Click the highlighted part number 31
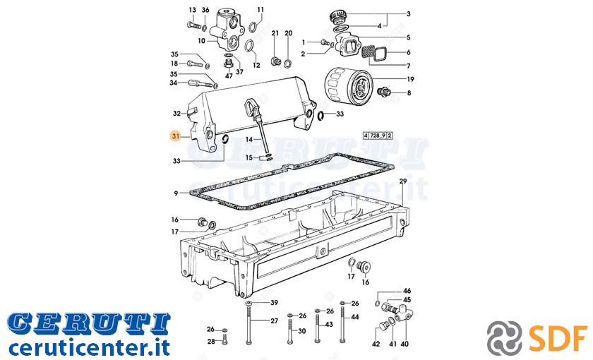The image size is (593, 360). (x=176, y=136)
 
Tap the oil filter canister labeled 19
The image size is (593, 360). (x=347, y=85)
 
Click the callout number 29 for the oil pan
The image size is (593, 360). (x=403, y=181)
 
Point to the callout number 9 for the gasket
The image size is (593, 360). (x=176, y=193)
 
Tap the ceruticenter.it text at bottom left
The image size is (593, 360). (x=89, y=347)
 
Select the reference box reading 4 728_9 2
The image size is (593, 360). (x=378, y=136)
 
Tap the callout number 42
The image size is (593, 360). (x=376, y=344)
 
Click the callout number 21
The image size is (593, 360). (x=275, y=33)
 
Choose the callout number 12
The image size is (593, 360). (x=256, y=66)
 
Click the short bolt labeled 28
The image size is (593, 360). (x=224, y=339)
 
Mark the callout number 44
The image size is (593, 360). (x=354, y=317)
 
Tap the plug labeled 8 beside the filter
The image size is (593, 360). (x=383, y=92)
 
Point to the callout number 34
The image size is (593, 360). (x=174, y=83)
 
